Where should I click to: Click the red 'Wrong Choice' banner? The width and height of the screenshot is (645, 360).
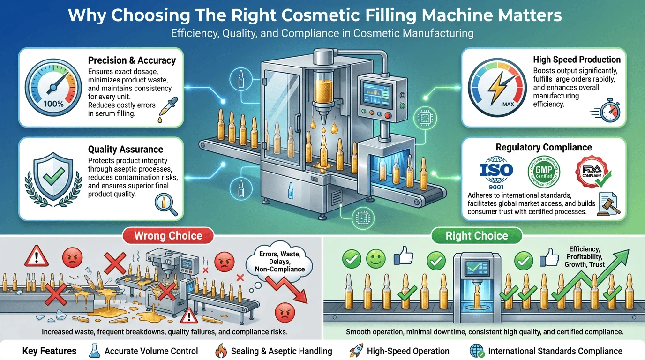point(168,235)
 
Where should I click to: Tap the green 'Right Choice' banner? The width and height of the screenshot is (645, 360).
point(476,235)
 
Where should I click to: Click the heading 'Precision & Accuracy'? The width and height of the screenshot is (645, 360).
point(132,60)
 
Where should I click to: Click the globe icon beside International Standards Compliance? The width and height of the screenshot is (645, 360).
point(477,351)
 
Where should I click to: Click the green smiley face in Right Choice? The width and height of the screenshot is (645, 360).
point(375,258)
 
